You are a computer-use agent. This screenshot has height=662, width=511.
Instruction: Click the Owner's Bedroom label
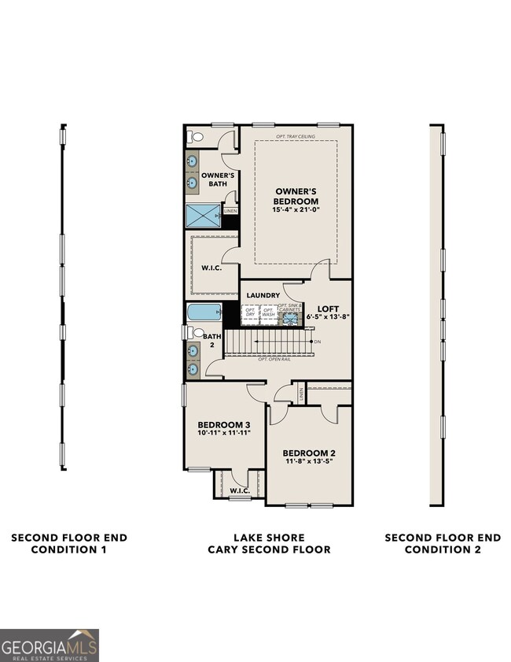(296, 196)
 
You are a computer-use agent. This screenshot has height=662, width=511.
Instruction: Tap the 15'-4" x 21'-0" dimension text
(296, 210)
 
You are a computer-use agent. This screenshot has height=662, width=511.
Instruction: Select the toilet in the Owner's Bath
(195, 137)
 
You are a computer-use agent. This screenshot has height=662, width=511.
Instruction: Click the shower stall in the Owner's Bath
(203, 215)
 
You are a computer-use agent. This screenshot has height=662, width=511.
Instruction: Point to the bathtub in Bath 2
(204, 313)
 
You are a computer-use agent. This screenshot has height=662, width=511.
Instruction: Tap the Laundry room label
(263, 295)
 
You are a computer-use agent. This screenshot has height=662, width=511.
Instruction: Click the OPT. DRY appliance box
(250, 313)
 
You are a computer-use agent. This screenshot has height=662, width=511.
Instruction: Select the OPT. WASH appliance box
(268, 313)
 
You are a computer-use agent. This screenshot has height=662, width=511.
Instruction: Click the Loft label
(327, 309)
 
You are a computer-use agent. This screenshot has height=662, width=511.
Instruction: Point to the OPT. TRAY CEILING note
(296, 136)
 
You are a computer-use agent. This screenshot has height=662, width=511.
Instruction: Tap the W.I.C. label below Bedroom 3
(239, 490)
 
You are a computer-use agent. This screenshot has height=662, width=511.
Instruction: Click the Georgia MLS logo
(50, 645)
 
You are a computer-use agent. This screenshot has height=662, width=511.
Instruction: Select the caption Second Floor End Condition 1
(69, 543)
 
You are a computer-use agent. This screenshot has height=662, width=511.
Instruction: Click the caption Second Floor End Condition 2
(442, 543)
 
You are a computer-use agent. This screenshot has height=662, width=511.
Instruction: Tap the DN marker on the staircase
(317, 342)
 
